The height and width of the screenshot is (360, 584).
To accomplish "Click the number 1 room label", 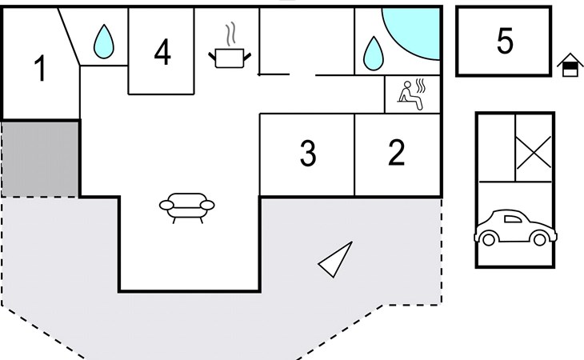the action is [x=40, y=68].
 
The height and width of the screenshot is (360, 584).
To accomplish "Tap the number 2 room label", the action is [x=396, y=152].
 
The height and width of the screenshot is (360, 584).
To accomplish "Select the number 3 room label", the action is [x=308, y=153].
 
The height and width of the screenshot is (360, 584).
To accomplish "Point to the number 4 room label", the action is [x=162, y=52].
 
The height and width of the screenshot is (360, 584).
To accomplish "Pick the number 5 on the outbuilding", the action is [x=505, y=41].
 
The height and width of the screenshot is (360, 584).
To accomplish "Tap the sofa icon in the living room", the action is [x=187, y=208].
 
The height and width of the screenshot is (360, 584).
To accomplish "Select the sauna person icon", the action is [x=412, y=94].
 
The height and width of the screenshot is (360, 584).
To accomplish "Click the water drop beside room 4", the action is [x=103, y=42].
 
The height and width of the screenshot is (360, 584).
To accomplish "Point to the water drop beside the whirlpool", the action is [x=373, y=54].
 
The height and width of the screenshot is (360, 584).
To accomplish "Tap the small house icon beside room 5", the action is [x=570, y=65].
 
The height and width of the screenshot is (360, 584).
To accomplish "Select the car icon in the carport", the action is [x=515, y=228].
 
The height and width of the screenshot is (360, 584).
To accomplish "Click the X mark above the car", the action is [x=534, y=152].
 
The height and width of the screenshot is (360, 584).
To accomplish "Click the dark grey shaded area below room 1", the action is [x=41, y=158].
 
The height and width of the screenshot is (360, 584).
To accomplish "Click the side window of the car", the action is [x=513, y=219].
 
